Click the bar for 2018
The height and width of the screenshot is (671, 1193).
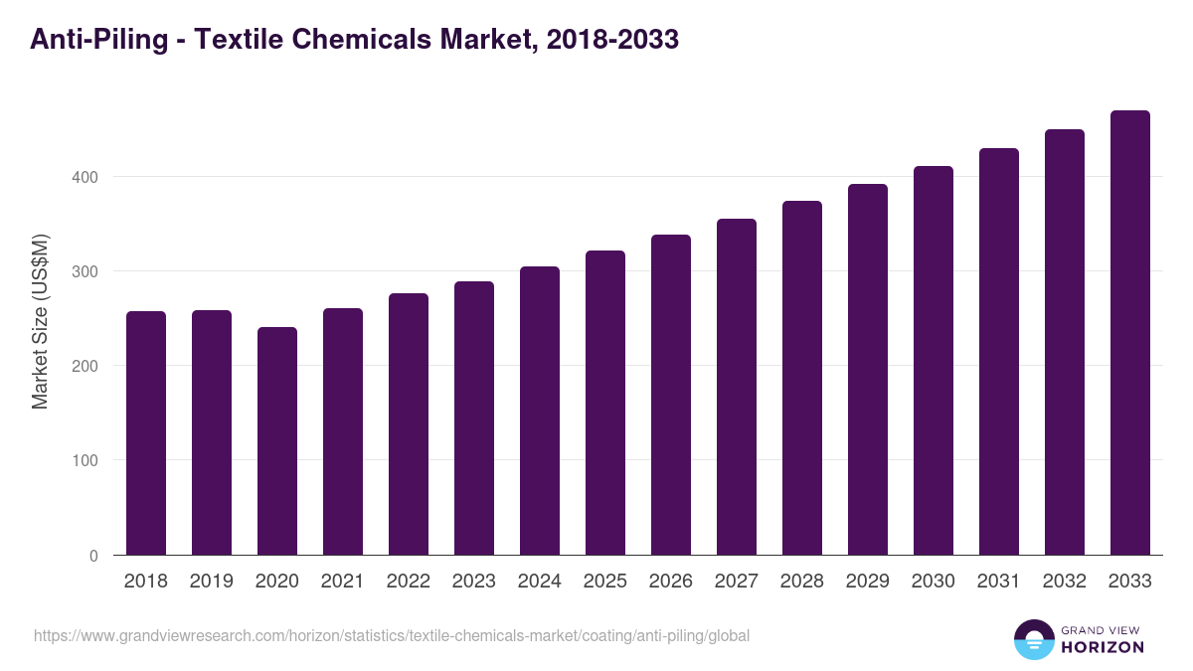click(146, 433)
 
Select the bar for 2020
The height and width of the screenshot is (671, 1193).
click(277, 441)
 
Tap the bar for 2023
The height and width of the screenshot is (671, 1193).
click(474, 419)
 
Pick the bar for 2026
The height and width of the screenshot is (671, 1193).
click(671, 395)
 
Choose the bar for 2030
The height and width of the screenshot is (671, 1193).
click(934, 361)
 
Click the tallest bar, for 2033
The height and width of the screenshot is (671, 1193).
click(1130, 333)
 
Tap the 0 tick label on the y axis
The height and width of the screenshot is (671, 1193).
click(92, 556)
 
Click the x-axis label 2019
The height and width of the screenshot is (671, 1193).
click(212, 582)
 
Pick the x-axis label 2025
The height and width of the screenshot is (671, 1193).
click(605, 582)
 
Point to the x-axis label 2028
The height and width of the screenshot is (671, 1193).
click(802, 582)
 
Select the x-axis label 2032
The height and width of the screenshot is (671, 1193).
click(1065, 582)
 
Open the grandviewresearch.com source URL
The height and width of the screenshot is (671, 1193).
click(392, 635)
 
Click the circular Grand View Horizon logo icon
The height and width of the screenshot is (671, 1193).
click(1033, 639)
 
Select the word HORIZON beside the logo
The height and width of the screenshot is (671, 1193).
click(1103, 647)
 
